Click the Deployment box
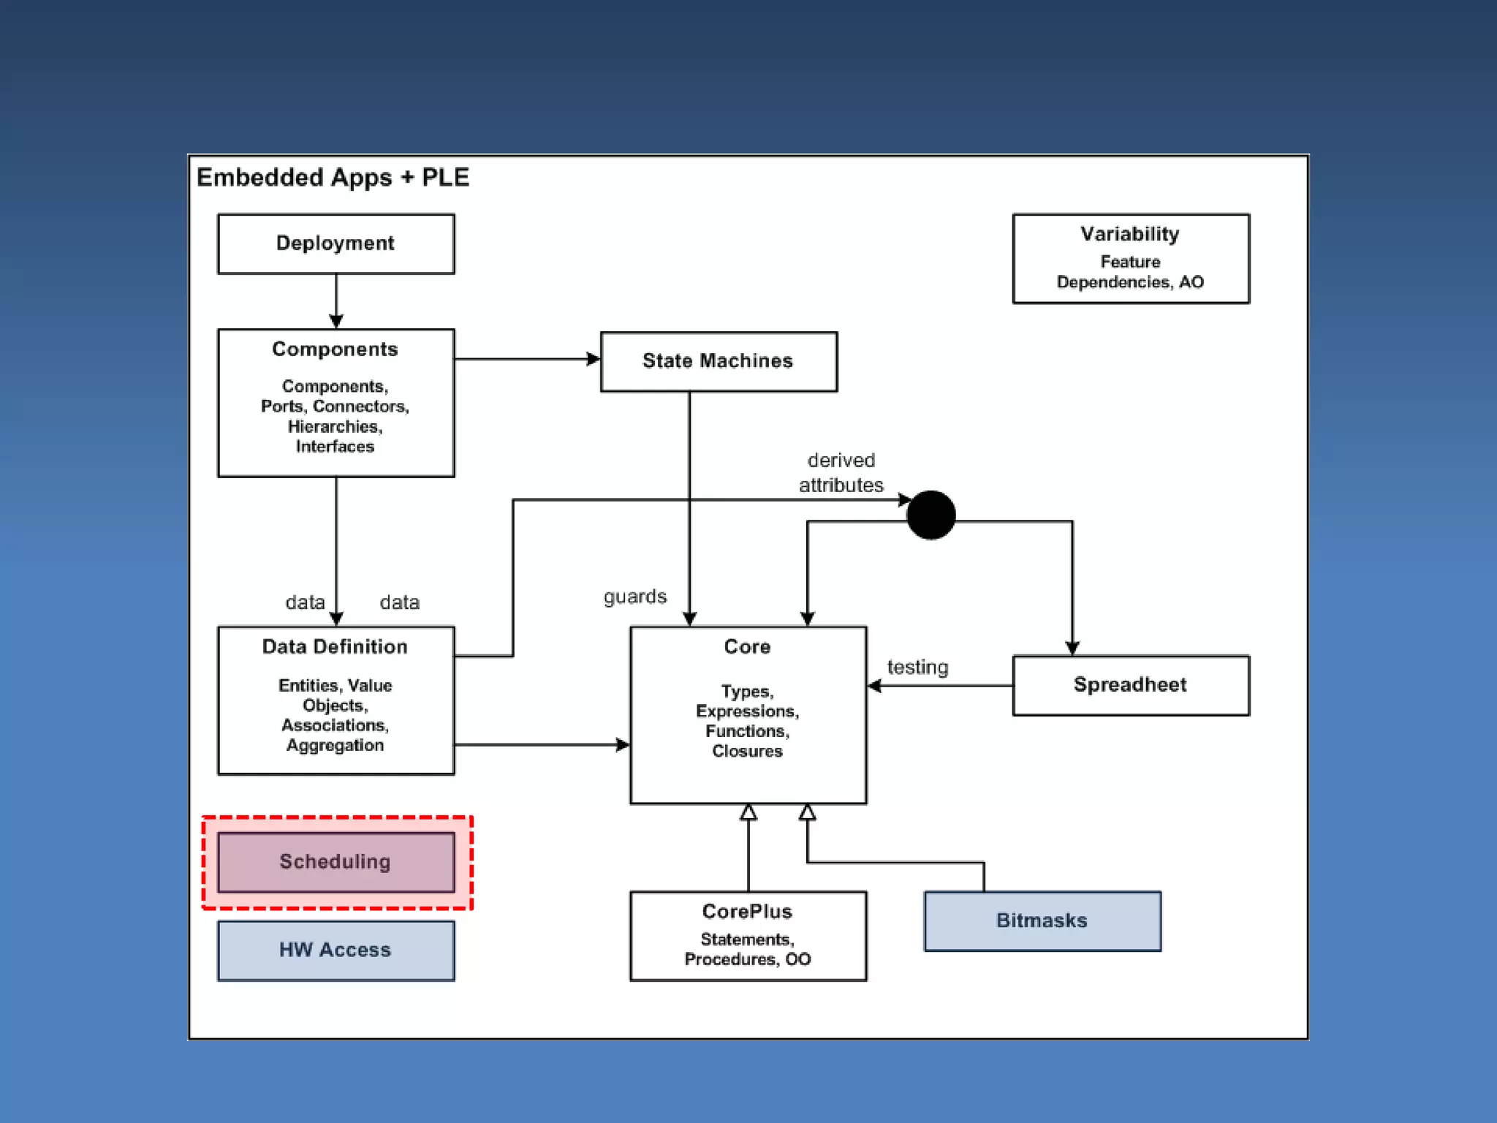click(x=336, y=244)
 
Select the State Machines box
click(x=719, y=362)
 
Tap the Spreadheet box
click(x=1131, y=685)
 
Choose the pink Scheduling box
click(x=336, y=862)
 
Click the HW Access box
click(x=336, y=950)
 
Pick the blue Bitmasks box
click(x=1042, y=921)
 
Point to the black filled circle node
click(x=931, y=515)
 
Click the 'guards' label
click(x=635, y=597)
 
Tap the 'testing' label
click(x=917, y=667)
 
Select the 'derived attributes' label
click(x=841, y=472)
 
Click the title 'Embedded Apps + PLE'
click(x=333, y=178)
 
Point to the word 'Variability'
click(x=1130, y=234)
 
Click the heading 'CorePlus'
click(x=747, y=912)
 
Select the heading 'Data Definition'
click(x=335, y=647)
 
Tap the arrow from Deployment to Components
click(x=336, y=301)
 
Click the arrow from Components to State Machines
click(x=528, y=359)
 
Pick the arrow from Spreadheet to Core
click(x=940, y=686)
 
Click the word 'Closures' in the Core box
click(x=747, y=752)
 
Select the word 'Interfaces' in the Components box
click(x=335, y=447)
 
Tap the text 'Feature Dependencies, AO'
click(x=1130, y=272)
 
